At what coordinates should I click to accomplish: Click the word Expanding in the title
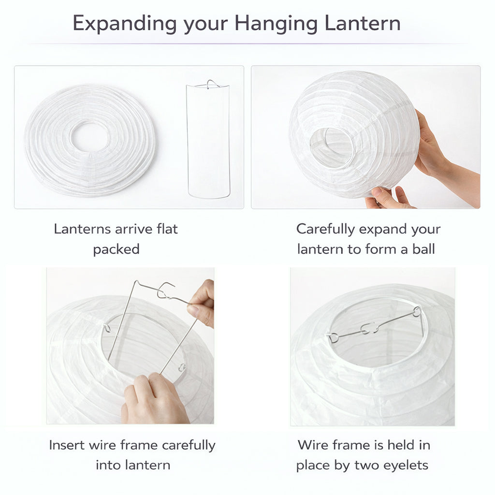(124, 24)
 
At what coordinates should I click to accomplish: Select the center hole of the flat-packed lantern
(89, 136)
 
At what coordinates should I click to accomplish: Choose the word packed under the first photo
(116, 249)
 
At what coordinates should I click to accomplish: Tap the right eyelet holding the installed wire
(417, 311)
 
